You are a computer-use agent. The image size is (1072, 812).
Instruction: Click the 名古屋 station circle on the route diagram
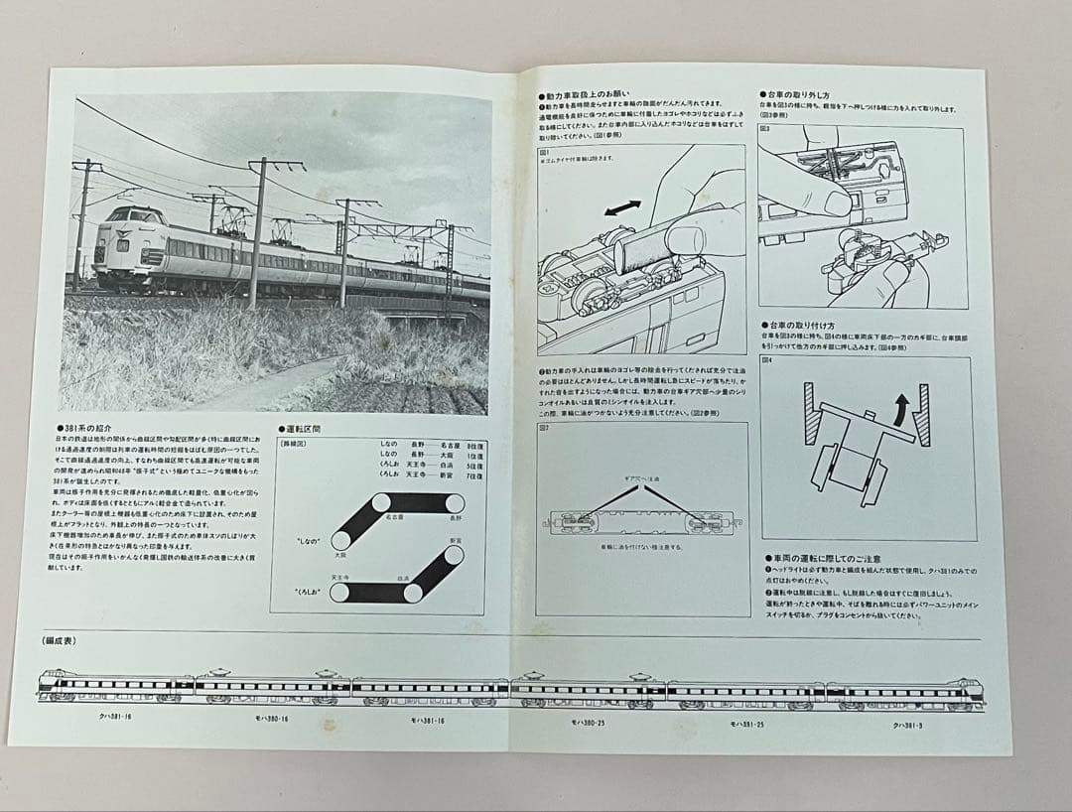pos(381,503)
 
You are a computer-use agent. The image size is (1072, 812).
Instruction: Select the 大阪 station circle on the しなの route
pos(340,540)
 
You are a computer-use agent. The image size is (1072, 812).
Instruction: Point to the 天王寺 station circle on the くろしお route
pos(340,593)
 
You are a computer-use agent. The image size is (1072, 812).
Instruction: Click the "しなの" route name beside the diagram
pos(308,540)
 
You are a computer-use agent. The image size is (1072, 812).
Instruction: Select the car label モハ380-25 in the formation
pos(588,722)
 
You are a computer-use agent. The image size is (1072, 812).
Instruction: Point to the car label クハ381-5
pos(908,726)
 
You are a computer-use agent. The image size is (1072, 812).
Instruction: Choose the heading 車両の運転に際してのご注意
pos(824,559)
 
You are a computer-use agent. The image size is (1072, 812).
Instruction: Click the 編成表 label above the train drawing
pos(60,640)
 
